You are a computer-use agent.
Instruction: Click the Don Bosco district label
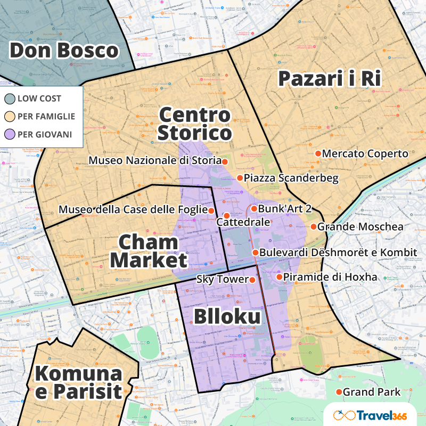click(63, 51)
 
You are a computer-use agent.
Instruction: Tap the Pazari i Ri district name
click(329, 79)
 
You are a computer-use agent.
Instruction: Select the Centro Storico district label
click(195, 124)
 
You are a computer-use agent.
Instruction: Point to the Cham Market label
click(149, 251)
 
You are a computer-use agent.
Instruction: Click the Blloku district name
click(227, 317)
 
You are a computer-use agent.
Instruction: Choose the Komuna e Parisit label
click(78, 382)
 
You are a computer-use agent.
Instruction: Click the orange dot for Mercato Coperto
click(318, 153)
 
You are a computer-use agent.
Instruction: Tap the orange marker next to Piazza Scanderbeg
click(240, 178)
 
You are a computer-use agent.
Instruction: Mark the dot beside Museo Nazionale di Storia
click(225, 161)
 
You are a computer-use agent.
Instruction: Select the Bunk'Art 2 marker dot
click(254, 209)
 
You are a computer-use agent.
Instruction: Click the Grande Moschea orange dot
click(314, 227)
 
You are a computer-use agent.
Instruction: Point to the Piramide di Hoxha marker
click(279, 277)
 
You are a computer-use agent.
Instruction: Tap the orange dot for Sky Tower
click(252, 280)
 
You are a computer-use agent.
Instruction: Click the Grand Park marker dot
click(339, 392)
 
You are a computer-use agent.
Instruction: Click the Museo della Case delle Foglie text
click(133, 210)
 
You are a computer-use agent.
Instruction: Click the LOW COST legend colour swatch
click(10, 99)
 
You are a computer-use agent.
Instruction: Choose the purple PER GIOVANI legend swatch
click(10, 134)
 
